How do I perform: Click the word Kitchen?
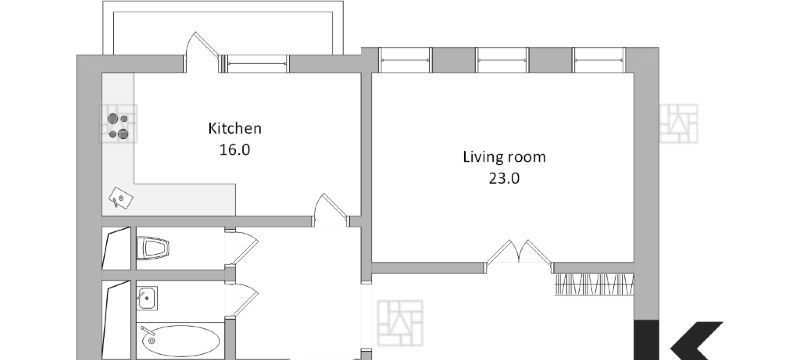(235, 128)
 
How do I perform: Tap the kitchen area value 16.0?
(235, 150)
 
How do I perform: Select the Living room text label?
(504, 157)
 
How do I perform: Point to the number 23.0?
(504, 178)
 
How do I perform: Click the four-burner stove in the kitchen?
(118, 126)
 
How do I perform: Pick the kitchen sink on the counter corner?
(121, 198)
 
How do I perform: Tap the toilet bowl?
(153, 248)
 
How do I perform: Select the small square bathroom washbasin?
(147, 298)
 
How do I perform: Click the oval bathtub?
(181, 341)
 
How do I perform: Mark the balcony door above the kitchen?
(202, 53)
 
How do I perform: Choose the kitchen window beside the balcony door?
(257, 64)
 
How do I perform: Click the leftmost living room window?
(405, 60)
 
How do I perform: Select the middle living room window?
(502, 60)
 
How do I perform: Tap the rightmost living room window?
(599, 60)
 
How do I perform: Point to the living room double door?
(518, 253)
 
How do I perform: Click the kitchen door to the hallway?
(331, 210)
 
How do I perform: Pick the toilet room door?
(241, 248)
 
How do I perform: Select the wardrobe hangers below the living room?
(594, 285)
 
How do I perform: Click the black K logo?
(679, 340)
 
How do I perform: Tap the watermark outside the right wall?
(679, 123)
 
